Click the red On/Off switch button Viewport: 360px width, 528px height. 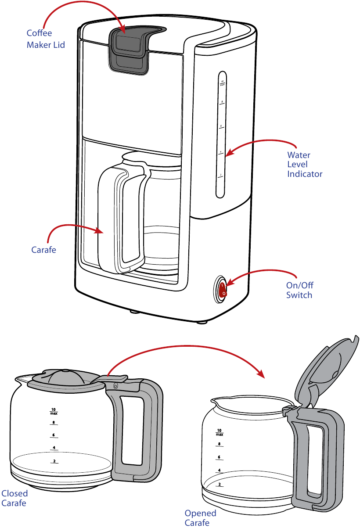coord(222,290)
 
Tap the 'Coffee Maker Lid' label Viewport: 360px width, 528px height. coord(46,39)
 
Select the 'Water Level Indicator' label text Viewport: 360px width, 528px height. coord(305,165)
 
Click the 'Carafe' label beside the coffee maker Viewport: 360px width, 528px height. coord(43,250)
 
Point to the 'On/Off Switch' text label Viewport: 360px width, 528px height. coord(300,290)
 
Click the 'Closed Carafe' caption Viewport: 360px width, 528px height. coord(14,498)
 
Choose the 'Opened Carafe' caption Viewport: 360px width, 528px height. coord(200,518)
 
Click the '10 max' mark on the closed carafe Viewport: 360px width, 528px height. coord(54,412)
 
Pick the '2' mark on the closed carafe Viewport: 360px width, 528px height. coord(54,461)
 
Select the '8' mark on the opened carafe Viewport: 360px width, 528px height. coord(219,445)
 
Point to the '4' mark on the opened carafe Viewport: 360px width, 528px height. coord(219,471)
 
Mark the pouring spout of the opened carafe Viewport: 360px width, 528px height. coord(215,401)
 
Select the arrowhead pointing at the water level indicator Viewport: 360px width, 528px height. coord(229,153)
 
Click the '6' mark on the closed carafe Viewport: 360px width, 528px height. coord(54,435)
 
